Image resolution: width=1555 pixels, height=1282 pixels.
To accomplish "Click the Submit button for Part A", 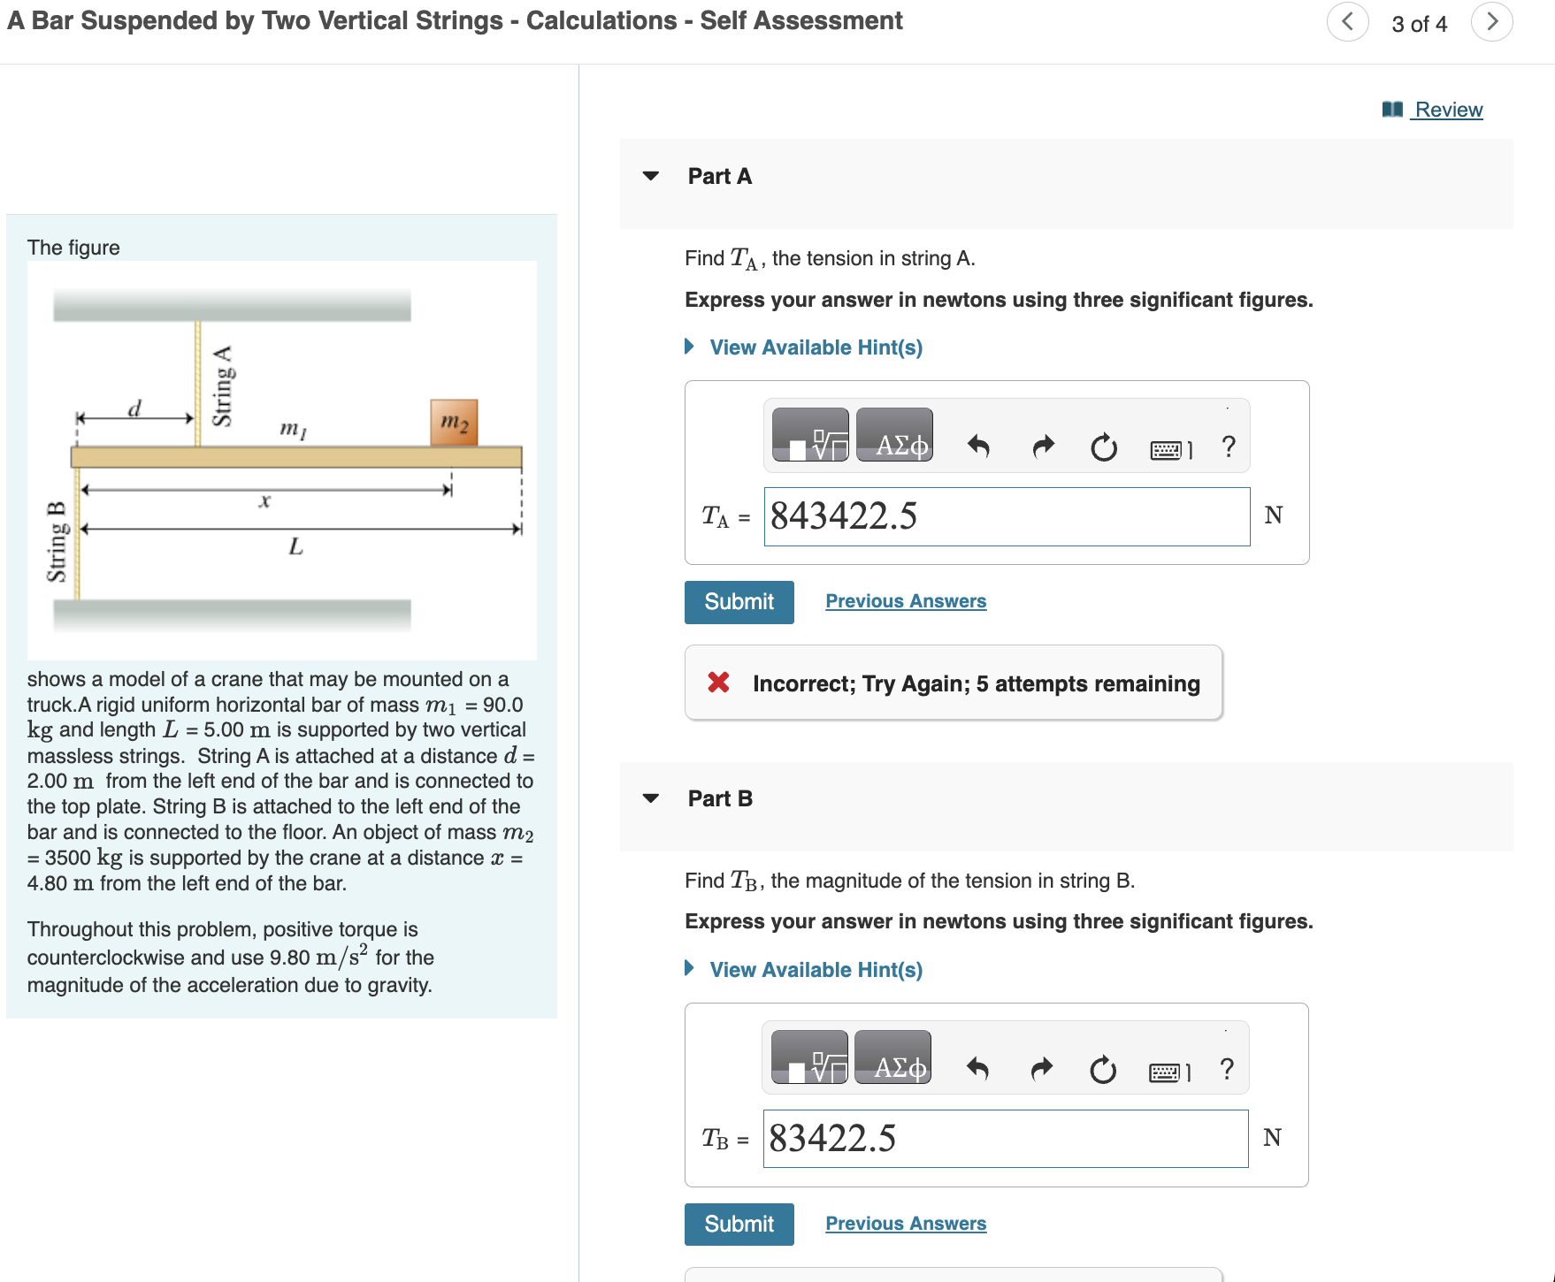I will coord(739,602).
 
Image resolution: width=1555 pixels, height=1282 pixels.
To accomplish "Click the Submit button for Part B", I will coord(739,1225).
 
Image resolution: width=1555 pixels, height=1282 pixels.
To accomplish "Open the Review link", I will coord(1447,110).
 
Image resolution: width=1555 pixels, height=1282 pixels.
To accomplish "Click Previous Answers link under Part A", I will coord(906,601).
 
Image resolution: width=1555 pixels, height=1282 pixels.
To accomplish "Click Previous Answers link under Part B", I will coord(906,1224).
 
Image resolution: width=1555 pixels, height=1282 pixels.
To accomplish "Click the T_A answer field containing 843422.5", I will coord(1006,516).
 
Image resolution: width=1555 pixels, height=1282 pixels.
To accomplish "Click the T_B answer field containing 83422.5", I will coord(1005,1139).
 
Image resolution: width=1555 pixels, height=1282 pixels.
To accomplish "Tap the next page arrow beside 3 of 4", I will coord(1492,21).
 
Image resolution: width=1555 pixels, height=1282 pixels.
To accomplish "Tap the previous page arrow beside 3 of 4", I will coord(1347,21).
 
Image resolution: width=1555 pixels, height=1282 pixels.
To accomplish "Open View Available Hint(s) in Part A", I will coord(815,347).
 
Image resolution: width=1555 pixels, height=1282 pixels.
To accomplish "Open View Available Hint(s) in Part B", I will coord(815,970).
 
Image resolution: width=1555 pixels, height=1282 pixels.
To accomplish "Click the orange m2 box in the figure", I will coord(454,422).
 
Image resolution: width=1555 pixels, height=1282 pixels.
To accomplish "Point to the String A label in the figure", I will coord(223,385).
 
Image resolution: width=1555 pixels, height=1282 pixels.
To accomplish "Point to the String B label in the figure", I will coord(57,541).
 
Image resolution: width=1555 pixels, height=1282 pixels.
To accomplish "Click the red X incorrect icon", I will coord(718,683).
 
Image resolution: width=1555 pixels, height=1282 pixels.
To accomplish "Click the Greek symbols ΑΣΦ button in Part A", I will coord(894,435).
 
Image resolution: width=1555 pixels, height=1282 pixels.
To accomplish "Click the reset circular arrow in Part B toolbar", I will coord(1103,1071).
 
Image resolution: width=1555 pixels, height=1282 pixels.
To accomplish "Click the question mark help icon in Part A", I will coord(1229,446).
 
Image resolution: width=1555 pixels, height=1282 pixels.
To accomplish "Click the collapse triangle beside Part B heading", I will coord(651,798).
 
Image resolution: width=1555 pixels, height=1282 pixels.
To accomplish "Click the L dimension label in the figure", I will coord(295,546).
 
